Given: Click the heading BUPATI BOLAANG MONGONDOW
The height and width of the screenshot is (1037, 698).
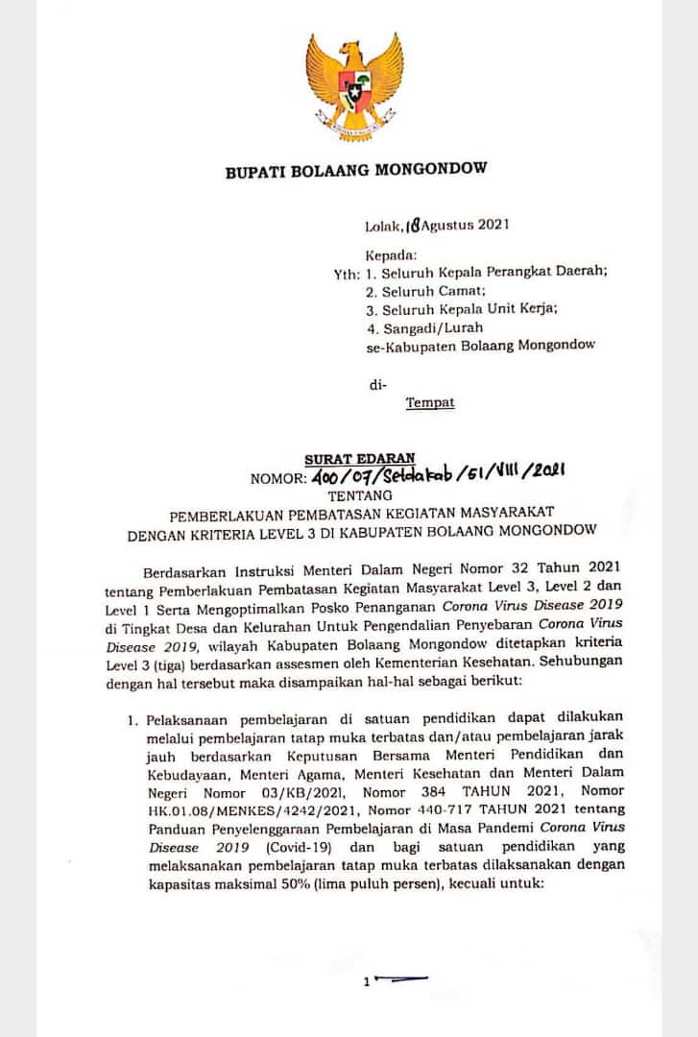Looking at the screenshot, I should point(355,171).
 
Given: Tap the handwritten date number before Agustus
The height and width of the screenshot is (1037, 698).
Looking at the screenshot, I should point(413,227).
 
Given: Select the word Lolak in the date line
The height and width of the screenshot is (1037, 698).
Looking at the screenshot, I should point(383,228).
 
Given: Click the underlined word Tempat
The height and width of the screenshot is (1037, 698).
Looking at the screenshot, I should point(429,403).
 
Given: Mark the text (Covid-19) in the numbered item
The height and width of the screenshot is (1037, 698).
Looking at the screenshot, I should point(287,849).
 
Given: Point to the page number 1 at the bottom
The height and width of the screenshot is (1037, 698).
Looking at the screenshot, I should point(367,980).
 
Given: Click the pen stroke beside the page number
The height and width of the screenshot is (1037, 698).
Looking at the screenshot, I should point(403,978).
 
